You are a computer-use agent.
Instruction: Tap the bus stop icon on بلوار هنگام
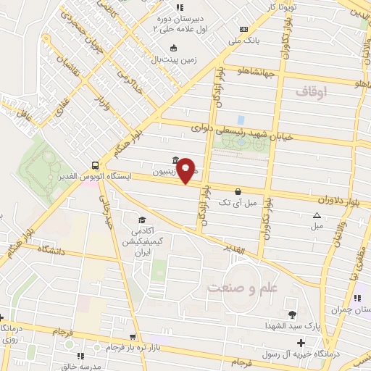coord(96,164)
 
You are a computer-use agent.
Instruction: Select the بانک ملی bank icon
coord(243,29)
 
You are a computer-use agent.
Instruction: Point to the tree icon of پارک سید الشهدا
coord(292,314)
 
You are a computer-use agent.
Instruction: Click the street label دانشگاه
coord(48,251)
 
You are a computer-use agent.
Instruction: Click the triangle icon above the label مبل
coord(317,215)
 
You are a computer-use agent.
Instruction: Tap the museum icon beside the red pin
coord(175,161)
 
